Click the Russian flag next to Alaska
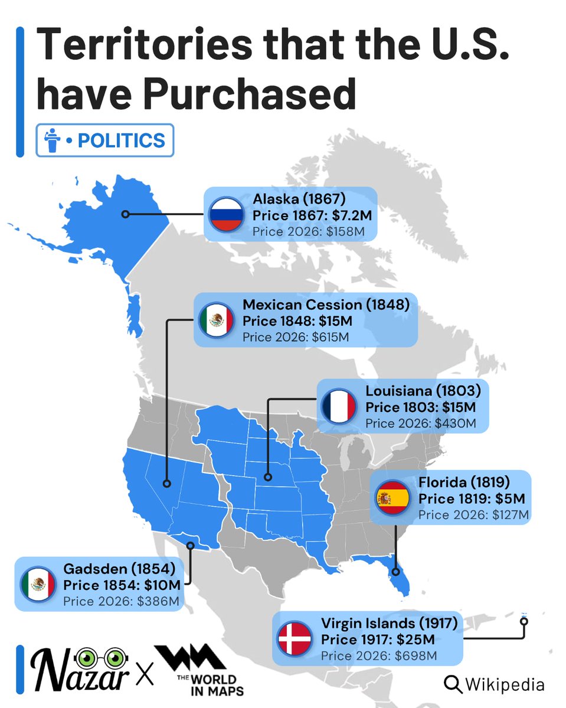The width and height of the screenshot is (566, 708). pyautogui.click(x=227, y=213)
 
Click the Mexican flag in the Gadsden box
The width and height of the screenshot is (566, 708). pyautogui.click(x=38, y=585)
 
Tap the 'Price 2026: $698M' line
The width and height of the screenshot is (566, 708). pyautogui.click(x=379, y=655)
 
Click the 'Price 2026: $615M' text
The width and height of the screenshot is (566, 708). pyautogui.click(x=296, y=337)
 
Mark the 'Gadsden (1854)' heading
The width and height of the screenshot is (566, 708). pyautogui.click(x=120, y=569)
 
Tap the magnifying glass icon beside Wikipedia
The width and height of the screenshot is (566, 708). pyautogui.click(x=453, y=684)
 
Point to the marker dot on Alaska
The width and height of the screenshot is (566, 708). pyautogui.click(x=125, y=214)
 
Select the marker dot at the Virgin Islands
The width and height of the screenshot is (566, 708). pyautogui.click(x=524, y=621)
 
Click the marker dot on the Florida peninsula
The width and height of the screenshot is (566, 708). pyautogui.click(x=396, y=571)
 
